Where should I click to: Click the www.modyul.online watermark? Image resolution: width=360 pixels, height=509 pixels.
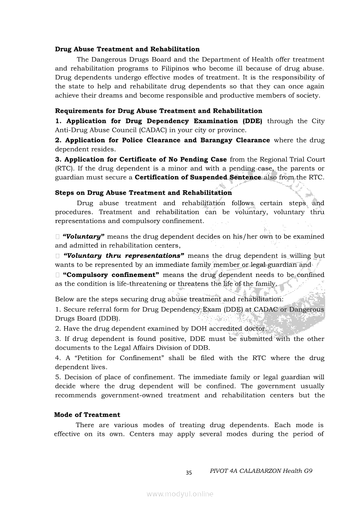pyautogui.click(x=180, y=494)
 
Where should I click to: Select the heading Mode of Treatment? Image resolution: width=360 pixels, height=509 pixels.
pyautogui.click(x=87, y=415)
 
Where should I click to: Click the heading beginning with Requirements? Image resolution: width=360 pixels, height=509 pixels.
pyautogui.click(x=159, y=111)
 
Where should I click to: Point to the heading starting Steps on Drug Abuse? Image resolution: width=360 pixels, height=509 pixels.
pyautogui.click(x=143, y=193)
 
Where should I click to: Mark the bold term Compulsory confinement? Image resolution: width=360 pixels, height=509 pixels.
pyautogui.click(x=111, y=275)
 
